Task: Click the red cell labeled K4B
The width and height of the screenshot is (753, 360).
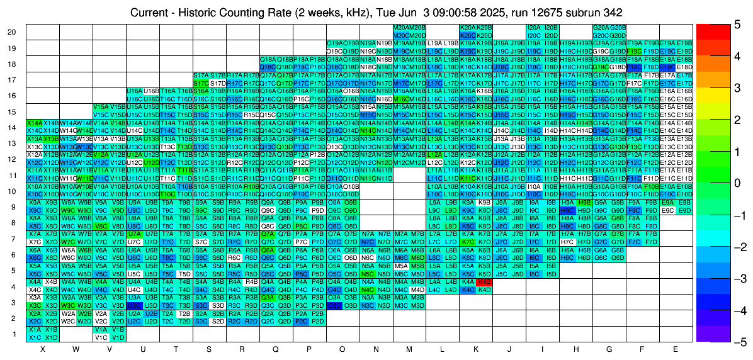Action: [x=485, y=282]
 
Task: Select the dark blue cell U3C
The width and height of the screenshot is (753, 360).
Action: [x=134, y=305]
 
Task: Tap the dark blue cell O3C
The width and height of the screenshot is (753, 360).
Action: [x=334, y=305]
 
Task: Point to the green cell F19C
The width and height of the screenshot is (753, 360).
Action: [x=635, y=51]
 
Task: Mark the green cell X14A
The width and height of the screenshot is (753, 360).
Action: [x=35, y=123]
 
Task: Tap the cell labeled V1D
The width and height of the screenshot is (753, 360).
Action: [x=118, y=337]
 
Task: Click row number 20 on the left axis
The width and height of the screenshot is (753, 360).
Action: [x=12, y=32]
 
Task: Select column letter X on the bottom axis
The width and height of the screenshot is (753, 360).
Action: [x=42, y=349]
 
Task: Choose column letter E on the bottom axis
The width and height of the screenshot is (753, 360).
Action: [x=676, y=349]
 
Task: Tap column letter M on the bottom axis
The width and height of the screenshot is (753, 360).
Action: [x=409, y=349]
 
